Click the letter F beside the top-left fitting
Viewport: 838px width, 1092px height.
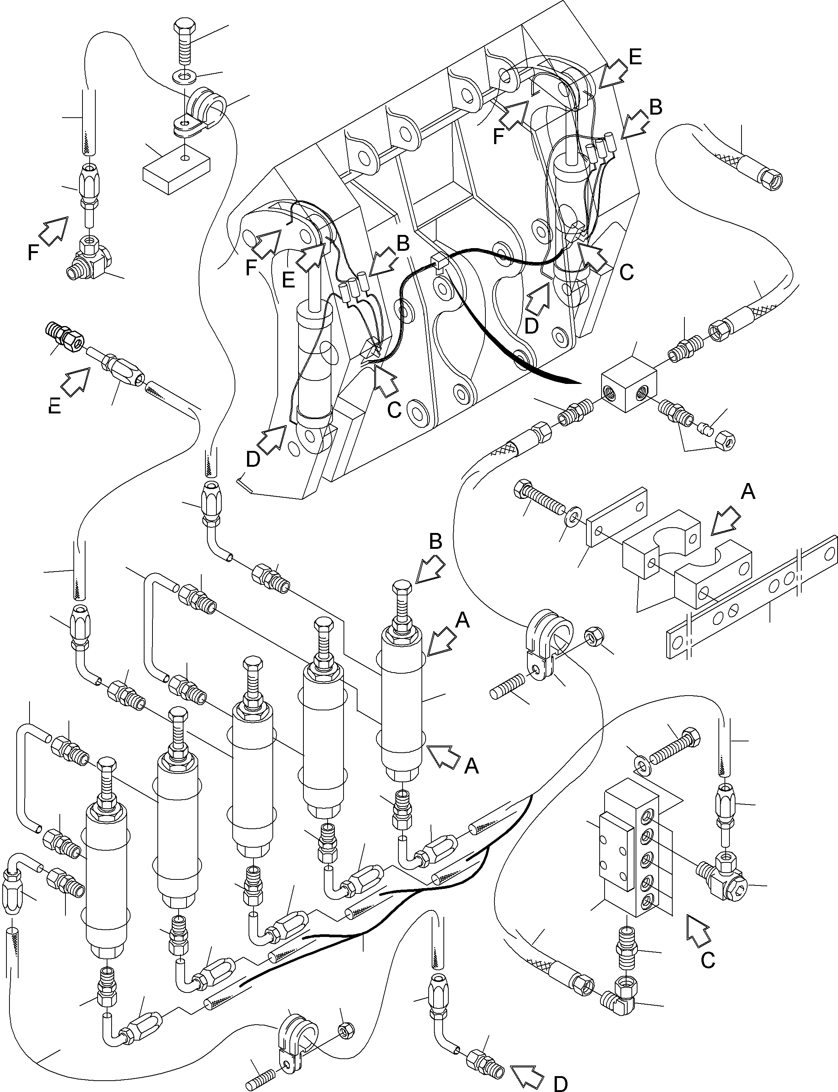(x=33, y=253)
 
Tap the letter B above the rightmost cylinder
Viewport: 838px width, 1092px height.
(x=435, y=542)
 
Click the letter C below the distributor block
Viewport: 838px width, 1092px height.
(x=708, y=960)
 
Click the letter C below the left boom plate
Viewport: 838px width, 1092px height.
(x=394, y=410)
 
